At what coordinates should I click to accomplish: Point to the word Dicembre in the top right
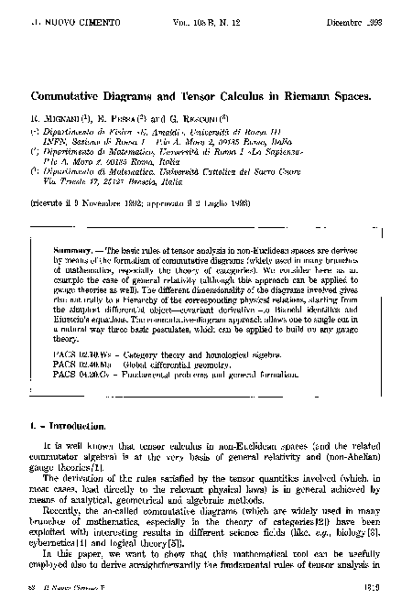[x=342, y=18]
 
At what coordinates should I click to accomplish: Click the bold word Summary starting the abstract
[x=72, y=249]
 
